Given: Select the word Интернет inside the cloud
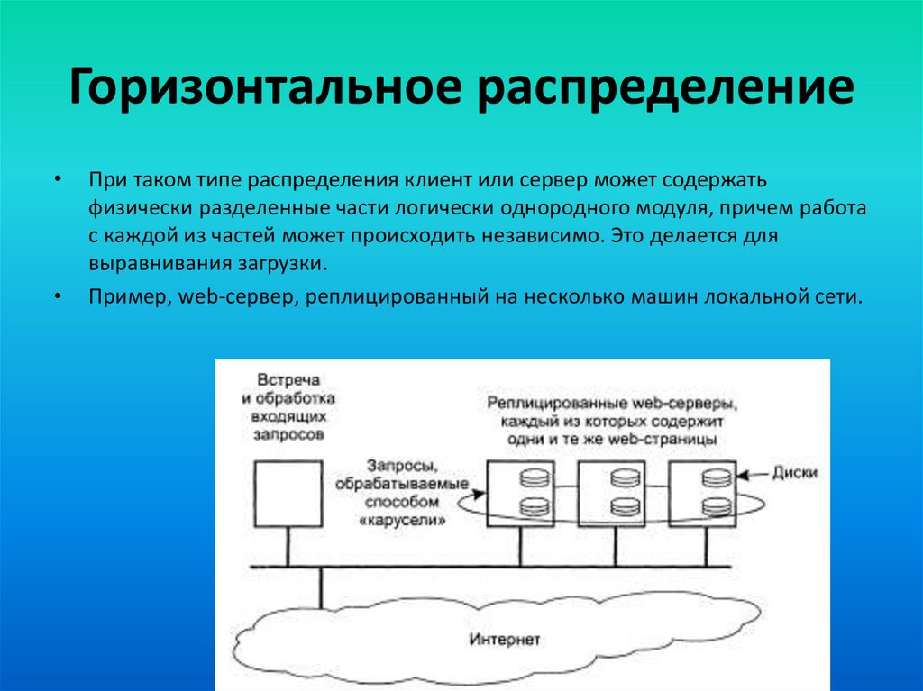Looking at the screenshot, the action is (x=505, y=641).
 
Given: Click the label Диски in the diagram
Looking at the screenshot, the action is (x=793, y=472).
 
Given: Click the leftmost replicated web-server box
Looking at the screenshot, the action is (x=521, y=494).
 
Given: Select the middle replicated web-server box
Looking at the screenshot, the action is (x=613, y=494).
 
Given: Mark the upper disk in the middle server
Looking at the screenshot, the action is (x=624, y=478).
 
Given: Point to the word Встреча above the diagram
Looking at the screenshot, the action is (x=287, y=381).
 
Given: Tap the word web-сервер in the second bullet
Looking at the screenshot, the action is (x=233, y=296).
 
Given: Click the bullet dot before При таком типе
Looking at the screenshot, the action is (x=58, y=178).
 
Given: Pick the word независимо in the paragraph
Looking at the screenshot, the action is (x=547, y=236).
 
